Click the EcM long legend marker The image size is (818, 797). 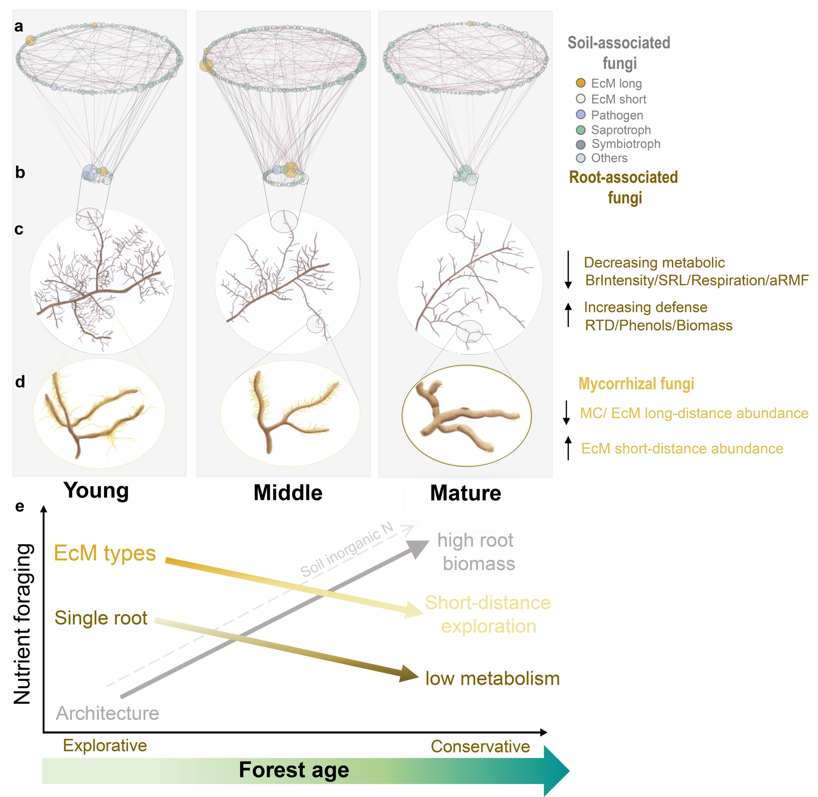tap(580, 83)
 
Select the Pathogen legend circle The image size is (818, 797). tap(580, 115)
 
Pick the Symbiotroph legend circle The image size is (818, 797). tap(580, 144)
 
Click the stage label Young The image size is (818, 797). tap(96, 490)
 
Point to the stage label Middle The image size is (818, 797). tap(288, 493)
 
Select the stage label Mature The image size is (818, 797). tap(465, 493)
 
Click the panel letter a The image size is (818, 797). tap(19, 27)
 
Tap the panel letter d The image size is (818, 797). tap(20, 382)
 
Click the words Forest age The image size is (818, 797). tap(294, 770)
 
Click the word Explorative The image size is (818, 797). tap(105, 746)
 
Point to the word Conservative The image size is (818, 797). tap(480, 746)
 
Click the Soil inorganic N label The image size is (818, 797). tap(347, 550)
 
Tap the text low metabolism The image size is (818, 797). tap(492, 678)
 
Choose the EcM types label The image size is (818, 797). tap(105, 553)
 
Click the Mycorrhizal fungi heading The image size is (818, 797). tap(636, 383)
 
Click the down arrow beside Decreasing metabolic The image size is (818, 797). tap(568, 270)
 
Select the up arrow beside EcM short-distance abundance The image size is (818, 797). tap(568, 448)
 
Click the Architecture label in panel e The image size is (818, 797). tap(107, 713)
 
